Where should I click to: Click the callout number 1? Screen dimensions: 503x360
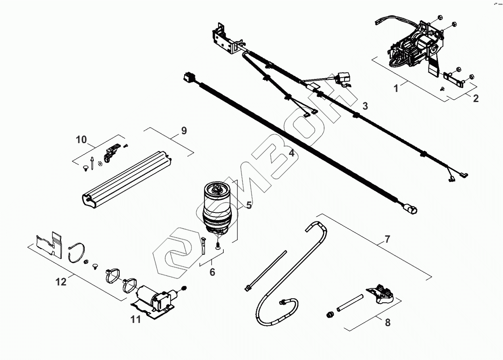[x=396, y=88]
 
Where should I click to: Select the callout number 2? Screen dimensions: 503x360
[x=476, y=98]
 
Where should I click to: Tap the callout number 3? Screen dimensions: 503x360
[x=365, y=106]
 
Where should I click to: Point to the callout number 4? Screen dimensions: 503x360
[x=291, y=153]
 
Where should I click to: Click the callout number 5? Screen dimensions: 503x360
[x=249, y=205]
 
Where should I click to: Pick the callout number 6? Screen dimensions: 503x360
[x=212, y=272]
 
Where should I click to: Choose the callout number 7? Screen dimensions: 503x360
[x=387, y=239]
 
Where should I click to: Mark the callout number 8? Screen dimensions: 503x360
[x=388, y=323]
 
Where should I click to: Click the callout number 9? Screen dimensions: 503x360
[x=184, y=131]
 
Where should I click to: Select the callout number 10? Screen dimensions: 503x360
[x=81, y=139]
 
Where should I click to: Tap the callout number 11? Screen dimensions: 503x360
[x=135, y=320]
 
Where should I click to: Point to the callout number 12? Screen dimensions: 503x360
[x=61, y=282]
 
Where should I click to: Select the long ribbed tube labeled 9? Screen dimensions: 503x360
[x=125, y=180]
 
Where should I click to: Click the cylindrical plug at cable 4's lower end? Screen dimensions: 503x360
[x=411, y=209]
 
